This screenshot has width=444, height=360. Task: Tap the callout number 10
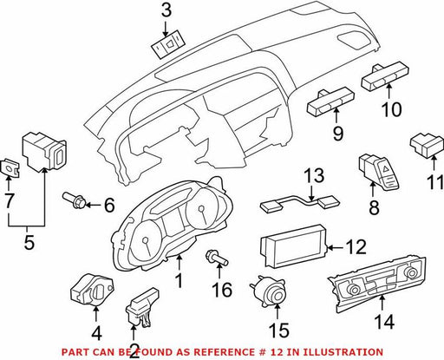click(x=391, y=109)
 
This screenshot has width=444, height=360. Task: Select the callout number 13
click(x=314, y=176)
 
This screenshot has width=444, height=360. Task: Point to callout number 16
click(x=222, y=290)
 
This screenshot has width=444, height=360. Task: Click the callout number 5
click(x=29, y=242)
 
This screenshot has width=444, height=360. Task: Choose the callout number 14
click(x=384, y=322)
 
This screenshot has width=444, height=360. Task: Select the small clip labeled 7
click(x=10, y=168)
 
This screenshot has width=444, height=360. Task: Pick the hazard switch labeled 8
click(x=379, y=173)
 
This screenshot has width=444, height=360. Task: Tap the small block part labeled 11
click(x=427, y=146)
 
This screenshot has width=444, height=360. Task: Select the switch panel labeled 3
click(x=168, y=47)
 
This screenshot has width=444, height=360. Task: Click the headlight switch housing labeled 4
click(x=92, y=290)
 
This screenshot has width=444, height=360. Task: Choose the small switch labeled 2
click(x=142, y=307)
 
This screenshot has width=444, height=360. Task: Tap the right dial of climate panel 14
click(x=410, y=272)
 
